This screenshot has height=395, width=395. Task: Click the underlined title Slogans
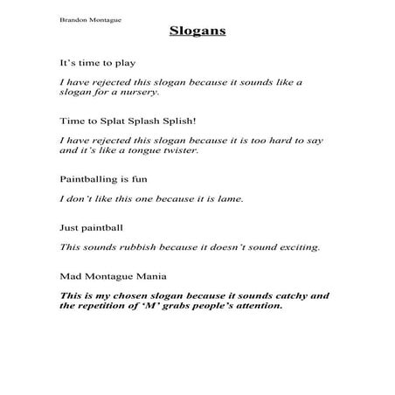tap(197, 32)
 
